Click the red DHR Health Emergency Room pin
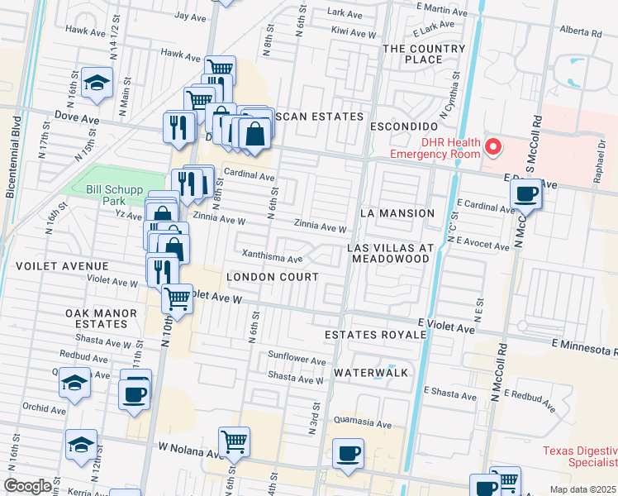click(x=493, y=147)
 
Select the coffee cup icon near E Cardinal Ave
click(x=525, y=195)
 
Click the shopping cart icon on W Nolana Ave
click(x=235, y=442)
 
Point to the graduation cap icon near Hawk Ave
click(x=97, y=83)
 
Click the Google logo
click(x=27, y=486)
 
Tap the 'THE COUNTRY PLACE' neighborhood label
click(x=424, y=54)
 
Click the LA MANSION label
click(x=397, y=213)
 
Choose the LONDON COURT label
click(x=272, y=277)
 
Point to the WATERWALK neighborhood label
click(x=371, y=373)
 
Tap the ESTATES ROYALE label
click(x=375, y=335)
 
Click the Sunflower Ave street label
click(x=297, y=360)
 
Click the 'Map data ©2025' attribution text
click(x=583, y=489)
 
